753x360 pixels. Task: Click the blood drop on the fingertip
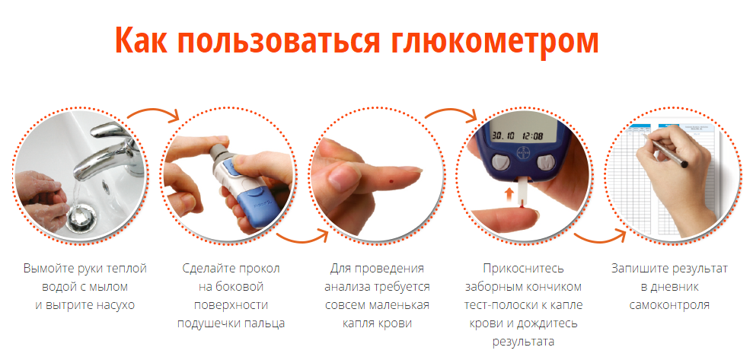click(391, 181)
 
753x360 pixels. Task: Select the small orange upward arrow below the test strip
click(510, 194)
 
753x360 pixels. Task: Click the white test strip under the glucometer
click(522, 192)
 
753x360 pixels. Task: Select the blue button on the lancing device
click(232, 167)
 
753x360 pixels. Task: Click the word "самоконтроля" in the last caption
click(669, 304)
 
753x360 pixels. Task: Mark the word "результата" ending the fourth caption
click(523, 341)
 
